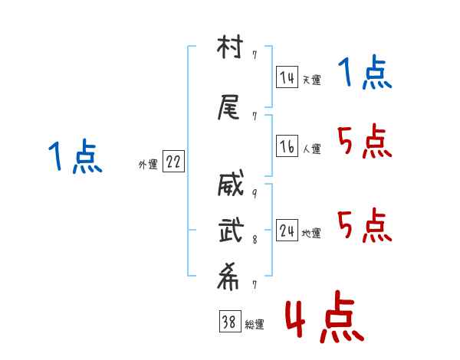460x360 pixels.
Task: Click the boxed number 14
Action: pyautogui.click(x=287, y=77)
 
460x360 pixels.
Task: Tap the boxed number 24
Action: pyautogui.click(x=287, y=231)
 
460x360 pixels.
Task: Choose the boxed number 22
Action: pyautogui.click(x=173, y=162)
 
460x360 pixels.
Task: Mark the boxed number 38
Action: pyautogui.click(x=228, y=322)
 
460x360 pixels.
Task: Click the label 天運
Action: pyautogui.click(x=311, y=80)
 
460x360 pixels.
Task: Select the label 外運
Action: pyautogui.click(x=147, y=165)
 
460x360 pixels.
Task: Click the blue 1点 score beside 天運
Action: pyautogui.click(x=365, y=74)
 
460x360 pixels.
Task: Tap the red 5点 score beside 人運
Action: pyautogui.click(x=365, y=141)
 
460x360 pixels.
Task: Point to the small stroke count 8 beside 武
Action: pyautogui.click(x=254, y=239)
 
